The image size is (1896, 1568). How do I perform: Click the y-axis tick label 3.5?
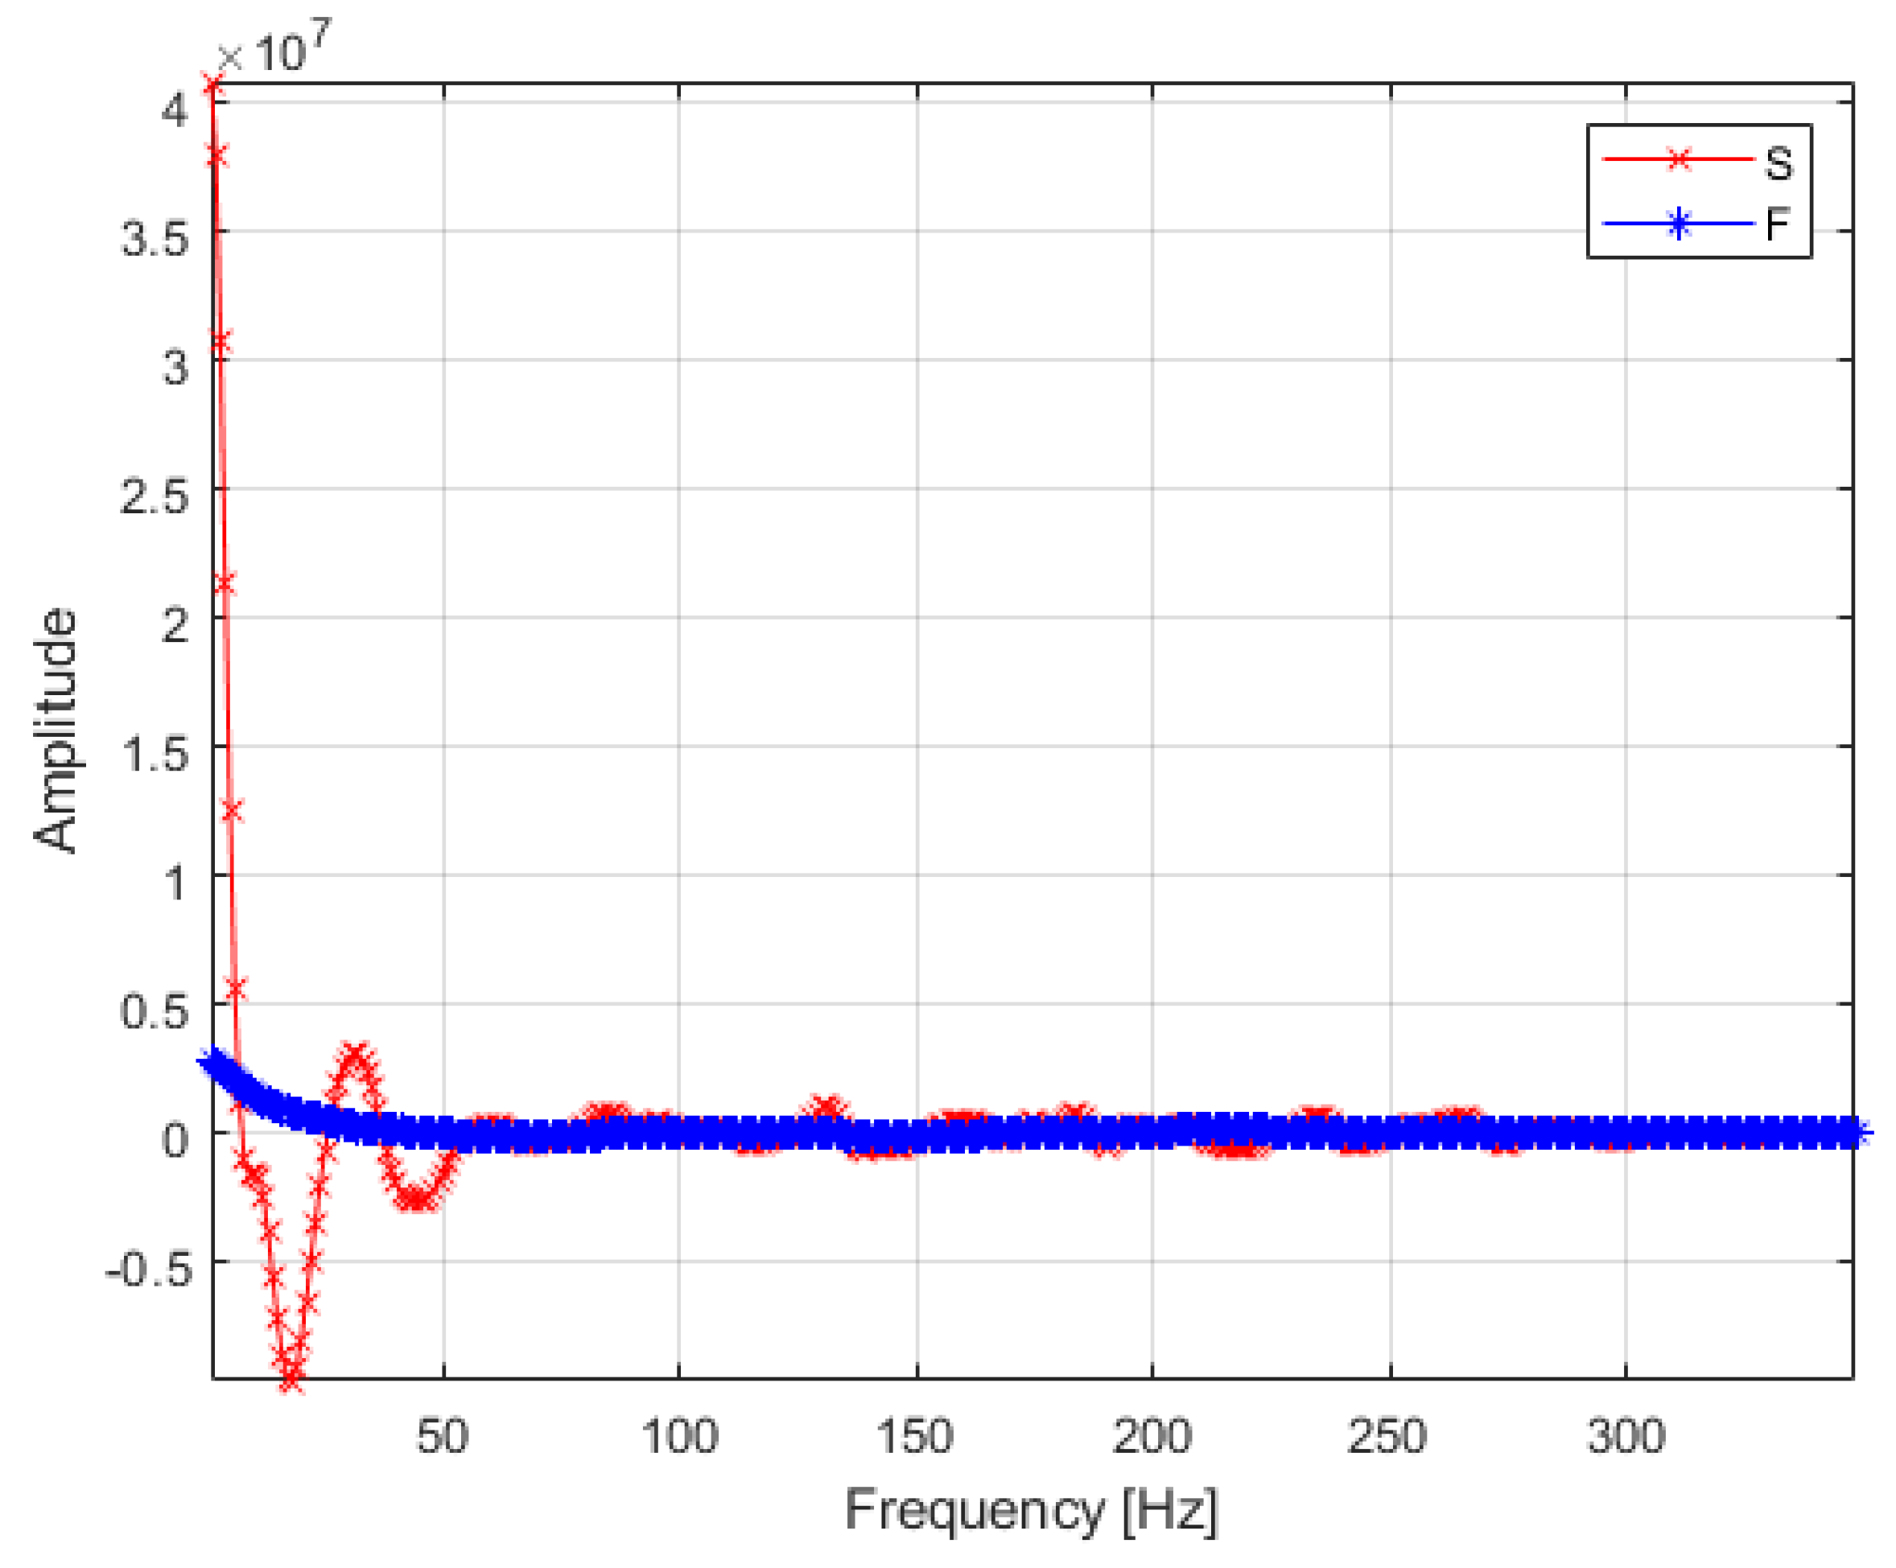pyautogui.click(x=155, y=240)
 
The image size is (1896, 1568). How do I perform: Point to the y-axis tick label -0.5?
pyautogui.click(x=150, y=1271)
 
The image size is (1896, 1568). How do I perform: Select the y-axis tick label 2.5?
pyautogui.click(x=155, y=497)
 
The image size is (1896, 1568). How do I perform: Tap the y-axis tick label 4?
pyautogui.click(x=175, y=111)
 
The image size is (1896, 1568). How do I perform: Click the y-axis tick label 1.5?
pyautogui.click(x=155, y=755)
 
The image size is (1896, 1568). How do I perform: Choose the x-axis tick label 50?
pyautogui.click(x=443, y=1436)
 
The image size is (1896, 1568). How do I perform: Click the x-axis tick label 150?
pyautogui.click(x=914, y=1436)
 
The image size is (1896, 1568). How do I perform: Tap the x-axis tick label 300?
pyautogui.click(x=1625, y=1436)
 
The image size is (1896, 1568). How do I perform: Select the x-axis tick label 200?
pyautogui.click(x=1151, y=1436)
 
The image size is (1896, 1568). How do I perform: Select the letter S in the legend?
pyautogui.click(x=1778, y=164)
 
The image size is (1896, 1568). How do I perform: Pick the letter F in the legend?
pyautogui.click(x=1777, y=223)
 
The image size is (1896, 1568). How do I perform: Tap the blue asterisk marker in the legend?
pyautogui.click(x=1677, y=223)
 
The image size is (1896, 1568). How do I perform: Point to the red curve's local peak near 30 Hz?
pyautogui.click(x=354, y=1055)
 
